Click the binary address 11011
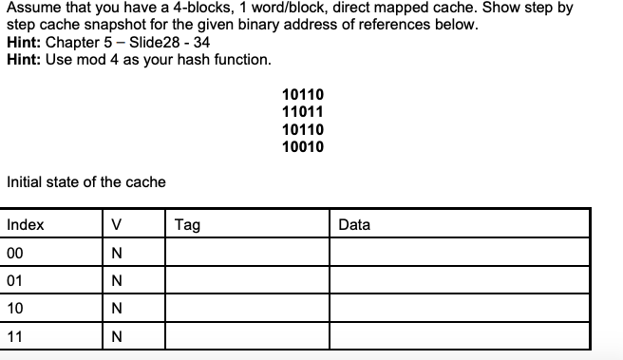(x=303, y=111)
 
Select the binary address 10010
(x=303, y=146)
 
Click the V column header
(x=116, y=225)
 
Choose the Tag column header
(x=188, y=225)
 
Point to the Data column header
(x=354, y=225)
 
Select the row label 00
(x=14, y=254)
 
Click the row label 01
(x=14, y=282)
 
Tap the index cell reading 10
(x=14, y=310)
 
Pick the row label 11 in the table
(x=14, y=337)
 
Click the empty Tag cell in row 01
(x=247, y=282)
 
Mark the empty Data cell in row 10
(x=460, y=310)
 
